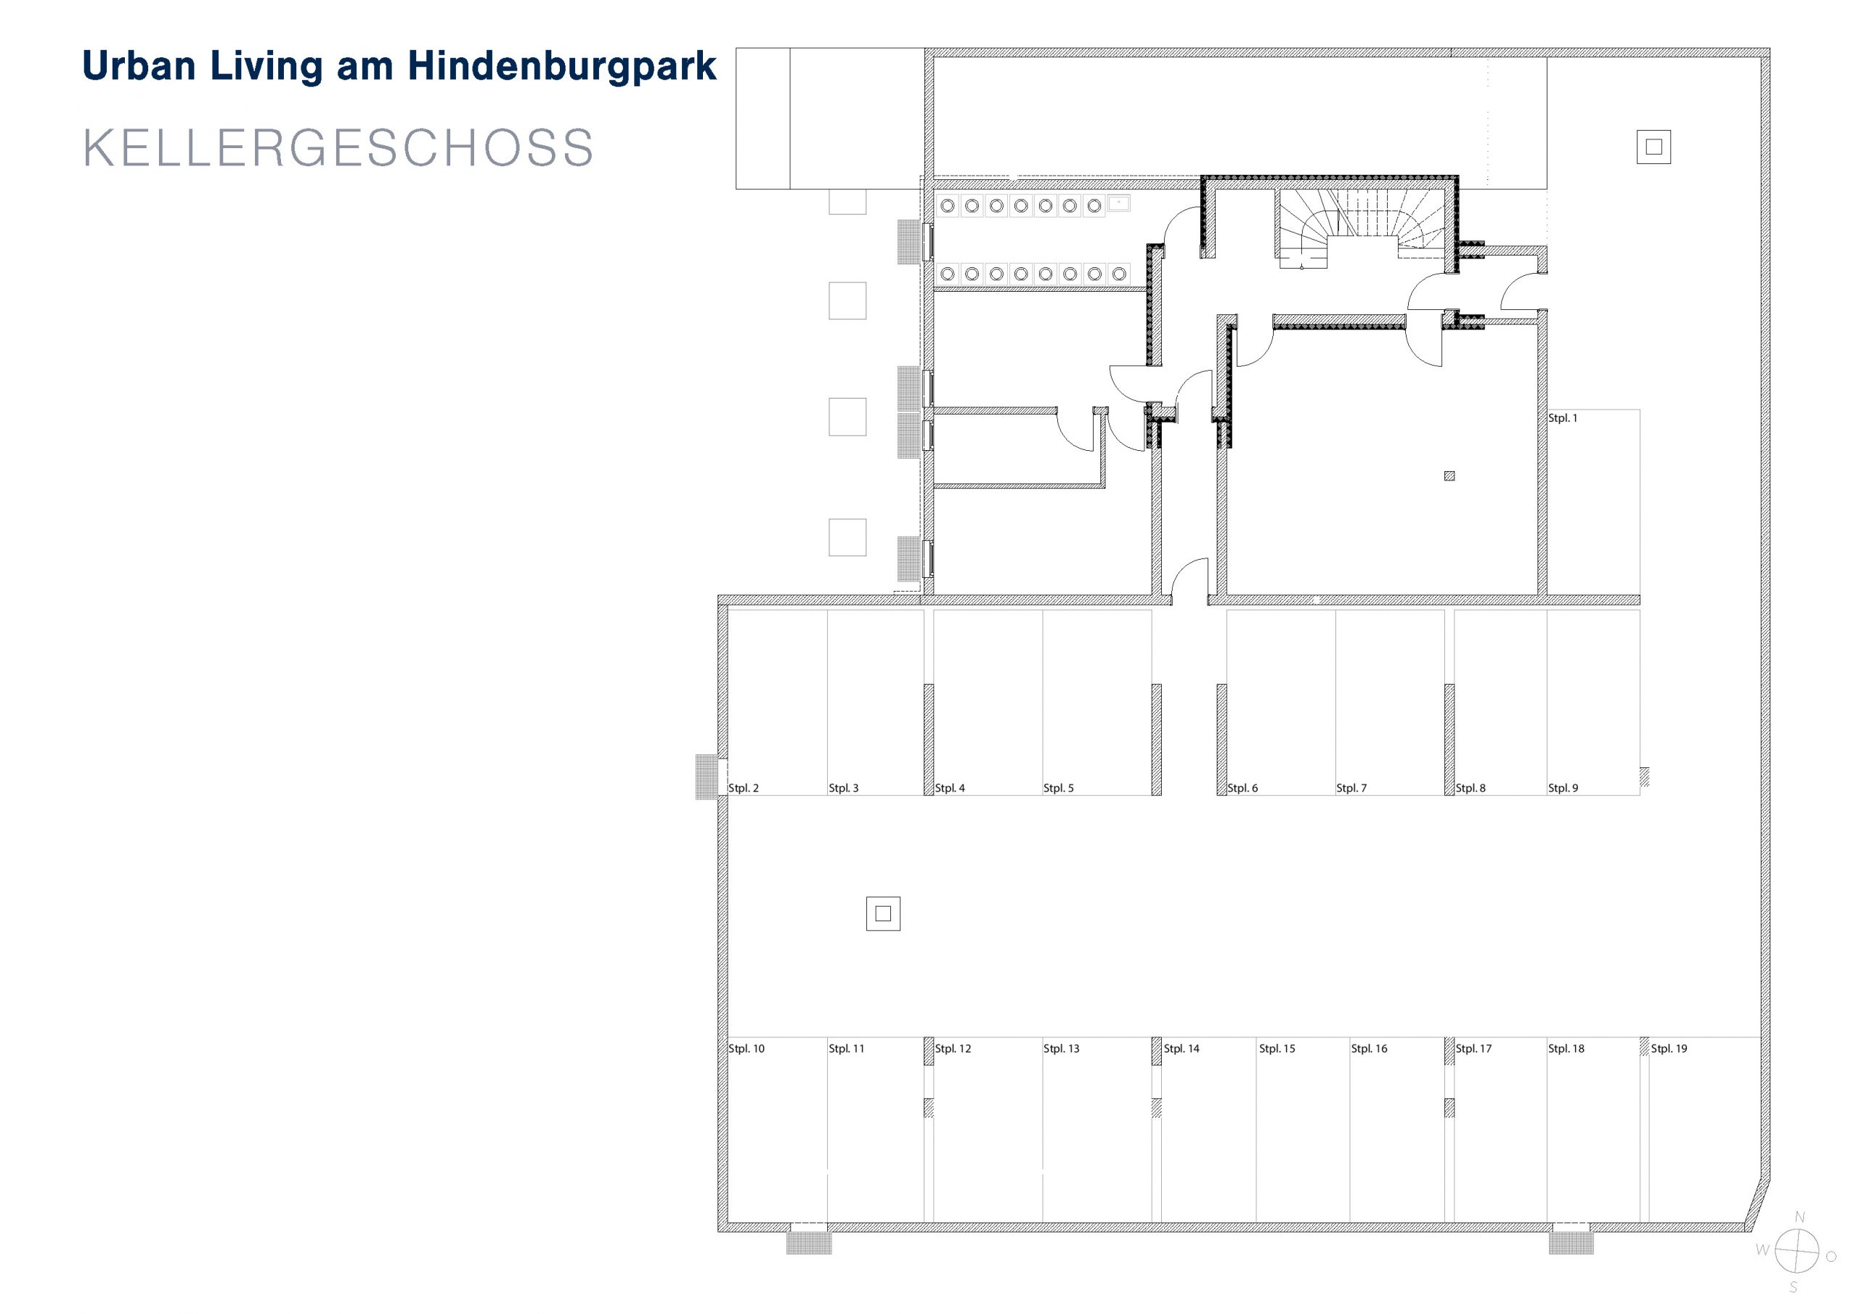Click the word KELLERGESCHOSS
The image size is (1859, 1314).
338,147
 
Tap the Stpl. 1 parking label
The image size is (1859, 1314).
1563,417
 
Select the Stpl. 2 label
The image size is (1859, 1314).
744,788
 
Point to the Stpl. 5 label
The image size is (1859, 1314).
1058,788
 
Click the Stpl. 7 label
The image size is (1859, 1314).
1351,788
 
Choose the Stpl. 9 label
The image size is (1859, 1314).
1563,788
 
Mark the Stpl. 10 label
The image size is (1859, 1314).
747,1048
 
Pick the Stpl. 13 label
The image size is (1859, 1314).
1062,1048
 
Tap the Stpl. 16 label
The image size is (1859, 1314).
1369,1048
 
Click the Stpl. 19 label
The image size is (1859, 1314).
1669,1048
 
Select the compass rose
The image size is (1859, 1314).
1797,1250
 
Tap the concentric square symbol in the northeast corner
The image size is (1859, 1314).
1653,147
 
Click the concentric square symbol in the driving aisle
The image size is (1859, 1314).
883,913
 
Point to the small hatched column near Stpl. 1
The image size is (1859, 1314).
1449,476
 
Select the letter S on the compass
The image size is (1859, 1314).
1794,1287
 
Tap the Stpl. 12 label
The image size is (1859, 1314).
953,1048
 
